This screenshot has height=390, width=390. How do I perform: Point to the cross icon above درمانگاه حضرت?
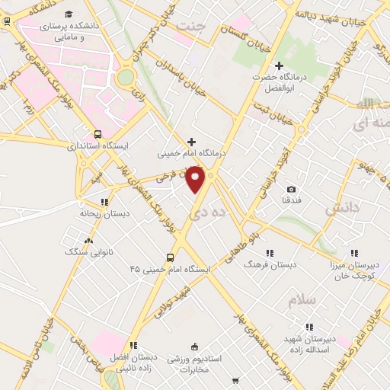point(279,66)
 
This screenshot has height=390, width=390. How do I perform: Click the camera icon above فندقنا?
point(291,189)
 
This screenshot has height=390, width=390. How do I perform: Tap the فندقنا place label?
point(290,200)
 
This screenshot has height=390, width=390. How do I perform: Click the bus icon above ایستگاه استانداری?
point(97,133)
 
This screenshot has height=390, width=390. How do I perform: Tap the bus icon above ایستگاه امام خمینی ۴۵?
point(171,257)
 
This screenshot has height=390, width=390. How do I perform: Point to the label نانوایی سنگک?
point(88,251)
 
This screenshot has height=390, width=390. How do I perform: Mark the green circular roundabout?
point(125,78)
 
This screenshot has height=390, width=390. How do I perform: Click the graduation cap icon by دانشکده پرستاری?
point(70,14)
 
